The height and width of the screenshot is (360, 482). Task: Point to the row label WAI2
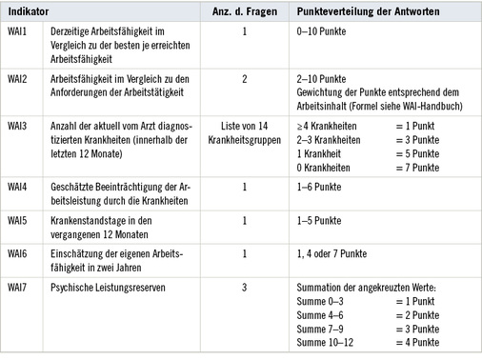[x=19, y=77]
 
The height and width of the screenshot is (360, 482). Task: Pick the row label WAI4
[x=19, y=187]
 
